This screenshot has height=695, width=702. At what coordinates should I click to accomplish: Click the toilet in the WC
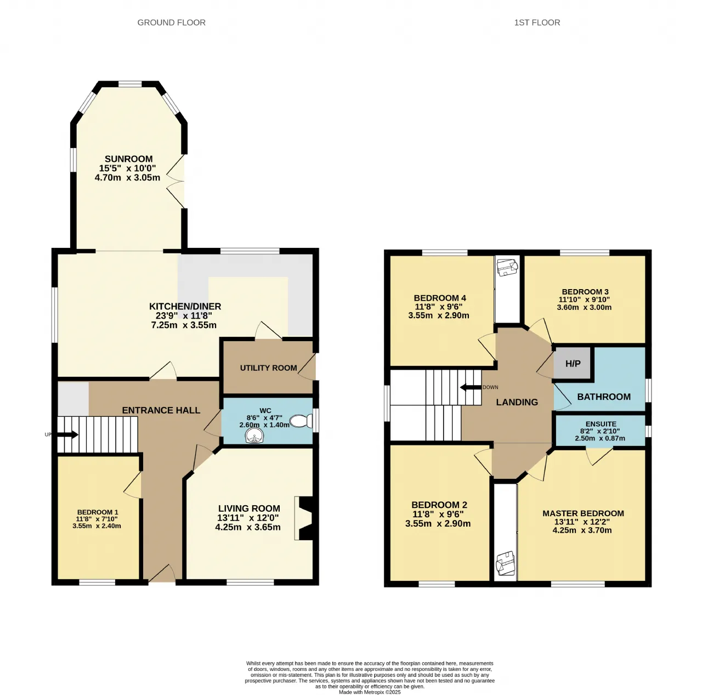(301, 421)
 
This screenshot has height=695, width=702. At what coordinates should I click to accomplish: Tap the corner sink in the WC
(254, 436)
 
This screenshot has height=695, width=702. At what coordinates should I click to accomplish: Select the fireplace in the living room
(304, 518)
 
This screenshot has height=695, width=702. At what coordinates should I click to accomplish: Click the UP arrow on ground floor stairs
(68, 434)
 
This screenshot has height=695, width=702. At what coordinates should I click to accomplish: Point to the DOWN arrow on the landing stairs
(471, 387)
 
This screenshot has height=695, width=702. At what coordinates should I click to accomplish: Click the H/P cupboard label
(573, 363)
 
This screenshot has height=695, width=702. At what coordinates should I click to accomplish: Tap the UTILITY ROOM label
(269, 368)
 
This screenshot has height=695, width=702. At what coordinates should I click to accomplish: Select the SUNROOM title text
(128, 159)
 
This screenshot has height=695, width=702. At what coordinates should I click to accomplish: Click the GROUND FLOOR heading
(171, 22)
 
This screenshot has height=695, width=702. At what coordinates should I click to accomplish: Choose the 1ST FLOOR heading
(537, 22)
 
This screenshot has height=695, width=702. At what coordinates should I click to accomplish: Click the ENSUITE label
(601, 424)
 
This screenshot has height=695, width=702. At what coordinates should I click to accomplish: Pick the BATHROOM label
(604, 397)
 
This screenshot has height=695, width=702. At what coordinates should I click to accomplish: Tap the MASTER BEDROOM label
(583, 513)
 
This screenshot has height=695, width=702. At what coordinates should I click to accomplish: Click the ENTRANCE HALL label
(161, 410)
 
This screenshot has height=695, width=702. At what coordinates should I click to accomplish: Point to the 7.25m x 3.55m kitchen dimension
(184, 325)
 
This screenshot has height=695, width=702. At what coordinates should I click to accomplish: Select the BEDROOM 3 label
(585, 292)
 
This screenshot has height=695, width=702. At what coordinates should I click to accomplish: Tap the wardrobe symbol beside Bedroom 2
(505, 563)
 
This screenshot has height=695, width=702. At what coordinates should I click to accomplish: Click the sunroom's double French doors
(175, 181)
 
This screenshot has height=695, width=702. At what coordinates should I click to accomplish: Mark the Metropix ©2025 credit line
(370, 692)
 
